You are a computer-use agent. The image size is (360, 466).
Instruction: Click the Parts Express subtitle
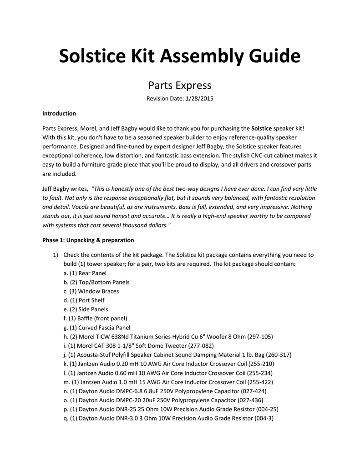click(x=180, y=85)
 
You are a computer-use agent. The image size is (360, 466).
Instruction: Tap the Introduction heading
click(x=59, y=113)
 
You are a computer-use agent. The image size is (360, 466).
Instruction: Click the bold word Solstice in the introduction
click(x=261, y=128)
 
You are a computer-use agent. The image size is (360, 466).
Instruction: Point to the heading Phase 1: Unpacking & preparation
click(x=88, y=240)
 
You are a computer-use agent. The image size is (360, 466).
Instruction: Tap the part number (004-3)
click(x=264, y=418)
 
